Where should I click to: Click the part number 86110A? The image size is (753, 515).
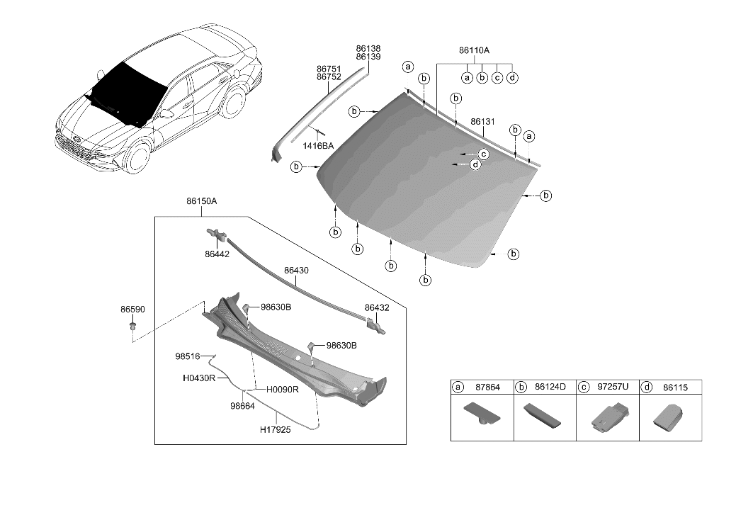[x=474, y=50]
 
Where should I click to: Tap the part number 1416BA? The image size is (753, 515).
[x=319, y=146]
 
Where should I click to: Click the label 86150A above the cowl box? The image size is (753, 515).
[x=201, y=201]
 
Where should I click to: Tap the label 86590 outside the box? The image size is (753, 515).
[x=132, y=310]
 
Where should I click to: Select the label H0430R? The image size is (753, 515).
[x=199, y=379]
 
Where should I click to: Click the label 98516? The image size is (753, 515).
[x=188, y=356]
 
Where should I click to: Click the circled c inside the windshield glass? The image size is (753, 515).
[x=484, y=154]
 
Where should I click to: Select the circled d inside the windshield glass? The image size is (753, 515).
[x=475, y=164]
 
